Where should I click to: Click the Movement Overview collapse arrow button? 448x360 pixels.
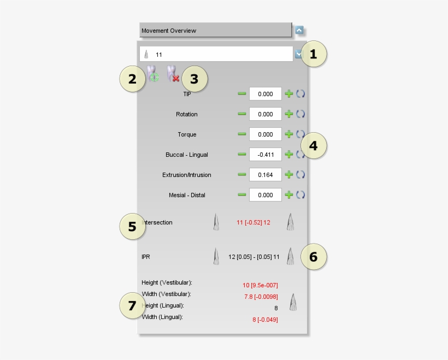coord(299,30)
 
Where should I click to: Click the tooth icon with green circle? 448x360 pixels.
coord(152,74)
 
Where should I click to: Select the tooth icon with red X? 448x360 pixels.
coord(173,74)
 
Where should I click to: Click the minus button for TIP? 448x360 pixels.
coord(241,94)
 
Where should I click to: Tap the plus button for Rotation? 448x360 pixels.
coord(289,114)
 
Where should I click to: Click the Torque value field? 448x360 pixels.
coord(266,134)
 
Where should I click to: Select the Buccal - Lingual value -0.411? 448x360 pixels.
coord(266,155)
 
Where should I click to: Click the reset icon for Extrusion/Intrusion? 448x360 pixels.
coord(300,175)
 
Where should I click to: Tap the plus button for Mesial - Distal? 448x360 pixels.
coord(289,195)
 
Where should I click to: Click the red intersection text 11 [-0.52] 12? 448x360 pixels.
coord(254,222)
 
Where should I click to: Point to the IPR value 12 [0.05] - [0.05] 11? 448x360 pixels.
coord(254,257)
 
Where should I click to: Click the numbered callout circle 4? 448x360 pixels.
coord(314,146)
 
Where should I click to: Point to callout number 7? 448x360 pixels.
coord(132,306)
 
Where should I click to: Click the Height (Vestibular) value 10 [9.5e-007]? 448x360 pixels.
coord(260,285)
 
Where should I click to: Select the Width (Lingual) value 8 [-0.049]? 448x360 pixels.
coord(265,320)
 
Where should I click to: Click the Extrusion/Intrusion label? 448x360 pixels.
coord(186,175)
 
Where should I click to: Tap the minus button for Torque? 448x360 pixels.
coord(241,134)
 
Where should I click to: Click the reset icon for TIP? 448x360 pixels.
coord(300,94)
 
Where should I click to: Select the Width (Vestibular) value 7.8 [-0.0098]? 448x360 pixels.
coord(261,297)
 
